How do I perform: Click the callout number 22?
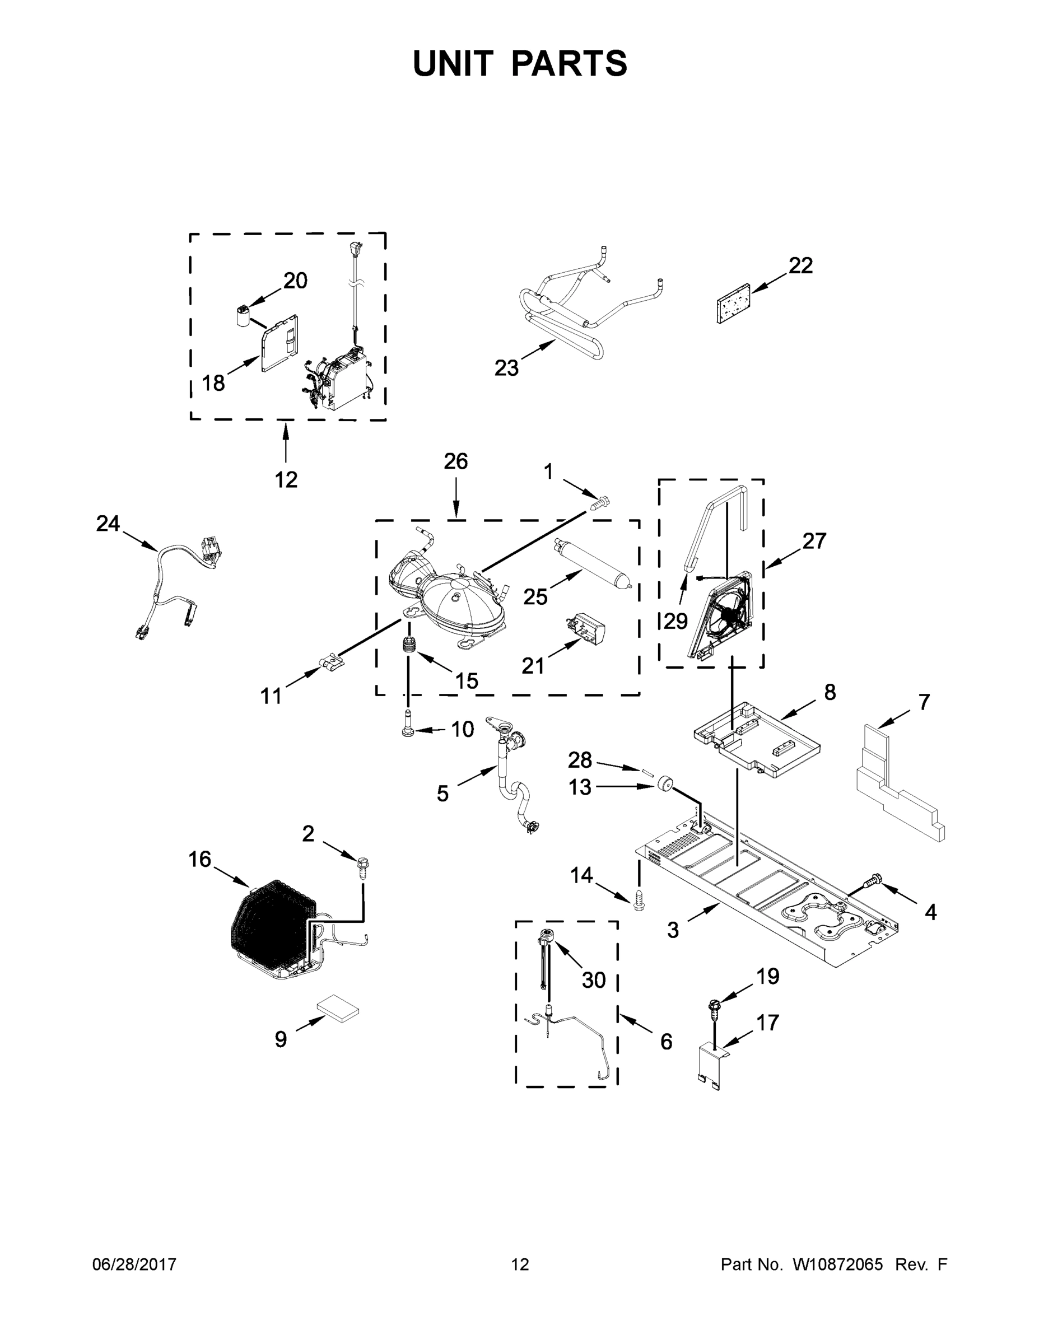click(800, 266)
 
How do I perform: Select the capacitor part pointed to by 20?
click(244, 315)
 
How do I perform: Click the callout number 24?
click(108, 524)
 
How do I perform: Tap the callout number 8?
click(830, 692)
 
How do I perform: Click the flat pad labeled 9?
click(338, 1010)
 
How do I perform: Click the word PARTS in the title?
click(570, 63)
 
